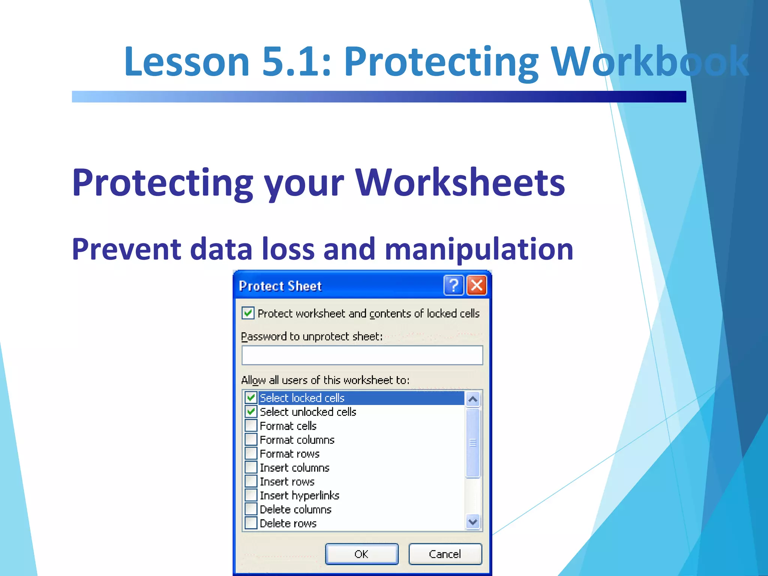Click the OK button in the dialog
(x=361, y=554)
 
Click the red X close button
(x=477, y=285)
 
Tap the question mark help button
(x=454, y=285)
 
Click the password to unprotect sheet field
(x=362, y=355)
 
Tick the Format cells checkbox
(x=251, y=426)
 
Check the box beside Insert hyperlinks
(x=251, y=495)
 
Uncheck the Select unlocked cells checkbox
(x=251, y=412)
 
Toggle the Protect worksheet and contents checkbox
(x=248, y=313)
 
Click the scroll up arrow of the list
(x=473, y=399)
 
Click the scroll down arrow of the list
(x=473, y=522)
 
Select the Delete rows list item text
(x=288, y=523)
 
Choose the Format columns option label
(x=297, y=440)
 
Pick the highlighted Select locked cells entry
(x=302, y=398)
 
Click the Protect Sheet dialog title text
(x=280, y=286)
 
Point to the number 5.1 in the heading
(x=296, y=61)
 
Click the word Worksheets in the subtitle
(x=460, y=183)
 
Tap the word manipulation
(x=479, y=249)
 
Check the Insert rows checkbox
(x=251, y=481)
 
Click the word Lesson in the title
(x=187, y=61)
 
